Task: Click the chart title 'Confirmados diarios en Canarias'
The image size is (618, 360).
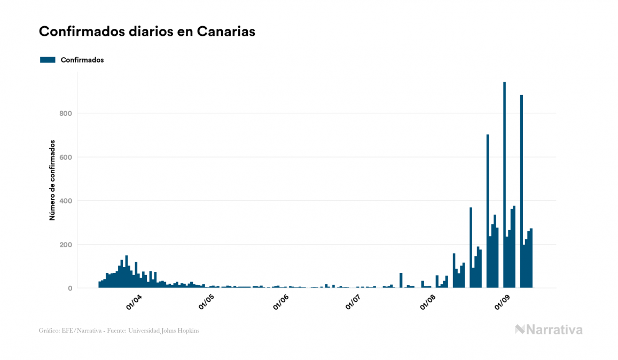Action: [147, 32]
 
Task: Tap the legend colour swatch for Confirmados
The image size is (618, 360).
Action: [48, 60]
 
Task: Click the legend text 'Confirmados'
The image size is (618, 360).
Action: [82, 60]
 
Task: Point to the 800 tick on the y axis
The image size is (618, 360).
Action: [65, 113]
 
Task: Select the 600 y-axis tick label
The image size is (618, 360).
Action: [65, 157]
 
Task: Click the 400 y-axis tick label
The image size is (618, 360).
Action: [65, 201]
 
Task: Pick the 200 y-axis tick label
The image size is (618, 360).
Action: [65, 245]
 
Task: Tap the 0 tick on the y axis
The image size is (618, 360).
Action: [69, 288]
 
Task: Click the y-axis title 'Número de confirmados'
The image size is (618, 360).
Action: [52, 181]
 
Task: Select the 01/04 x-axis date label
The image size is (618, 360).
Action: [134, 303]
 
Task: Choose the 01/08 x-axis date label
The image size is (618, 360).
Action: [428, 303]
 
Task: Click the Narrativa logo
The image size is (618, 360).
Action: [549, 330]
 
